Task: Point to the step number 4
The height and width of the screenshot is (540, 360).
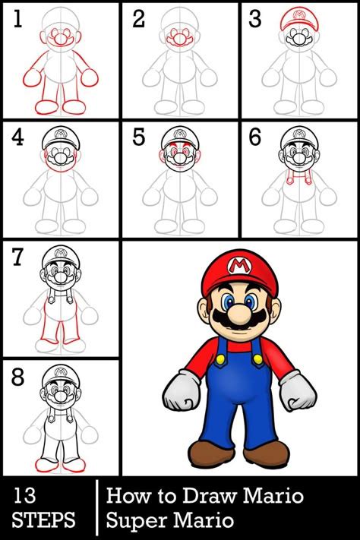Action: click(17, 137)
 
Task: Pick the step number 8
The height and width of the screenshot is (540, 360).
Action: click(17, 377)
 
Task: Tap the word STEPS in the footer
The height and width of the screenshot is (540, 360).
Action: click(43, 520)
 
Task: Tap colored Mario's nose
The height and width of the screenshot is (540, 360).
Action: click(239, 310)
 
